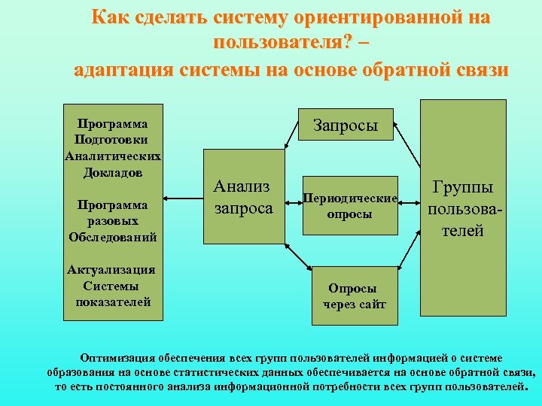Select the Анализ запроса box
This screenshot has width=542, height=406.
click(243, 196)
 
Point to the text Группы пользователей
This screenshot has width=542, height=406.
click(462, 208)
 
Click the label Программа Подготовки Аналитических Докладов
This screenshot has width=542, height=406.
click(112, 147)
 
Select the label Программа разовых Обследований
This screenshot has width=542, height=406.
click(112, 220)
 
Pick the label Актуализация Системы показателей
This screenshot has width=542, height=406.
click(112, 286)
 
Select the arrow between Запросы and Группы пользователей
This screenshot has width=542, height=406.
click(407, 143)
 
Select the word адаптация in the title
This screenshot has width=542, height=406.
click(125, 70)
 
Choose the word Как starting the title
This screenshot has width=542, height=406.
click(108, 17)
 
